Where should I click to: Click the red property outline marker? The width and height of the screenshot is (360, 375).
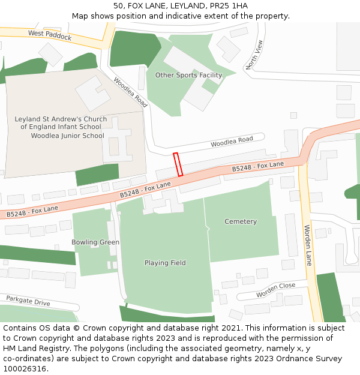pos(178,164)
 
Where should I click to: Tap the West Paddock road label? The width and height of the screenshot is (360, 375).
pos(50,36)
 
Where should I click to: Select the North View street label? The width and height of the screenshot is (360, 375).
pos(254,55)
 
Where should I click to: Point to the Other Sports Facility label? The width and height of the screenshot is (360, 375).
pos(188,75)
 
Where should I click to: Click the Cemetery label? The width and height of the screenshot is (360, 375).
pos(241,221)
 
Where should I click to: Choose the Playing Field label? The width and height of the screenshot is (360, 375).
pos(165,263)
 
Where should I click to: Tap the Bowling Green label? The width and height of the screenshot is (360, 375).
pos(95,242)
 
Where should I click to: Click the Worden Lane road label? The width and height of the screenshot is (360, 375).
pos(308,245)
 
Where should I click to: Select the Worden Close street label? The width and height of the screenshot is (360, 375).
pos(276,290)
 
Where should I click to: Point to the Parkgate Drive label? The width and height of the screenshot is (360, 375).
pos(28,300)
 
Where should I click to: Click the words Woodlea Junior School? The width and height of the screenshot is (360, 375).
pos(67,136)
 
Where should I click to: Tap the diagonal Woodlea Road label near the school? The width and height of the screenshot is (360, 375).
pos(130,92)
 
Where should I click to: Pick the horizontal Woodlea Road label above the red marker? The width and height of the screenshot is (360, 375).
pos(232,142)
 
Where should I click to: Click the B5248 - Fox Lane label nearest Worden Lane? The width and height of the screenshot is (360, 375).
pos(258,167)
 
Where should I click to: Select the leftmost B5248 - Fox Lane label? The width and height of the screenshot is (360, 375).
pos(32,211)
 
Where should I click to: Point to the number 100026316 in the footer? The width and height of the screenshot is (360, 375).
pos(26,369)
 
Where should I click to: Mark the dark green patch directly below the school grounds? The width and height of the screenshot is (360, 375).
pos(97,175)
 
